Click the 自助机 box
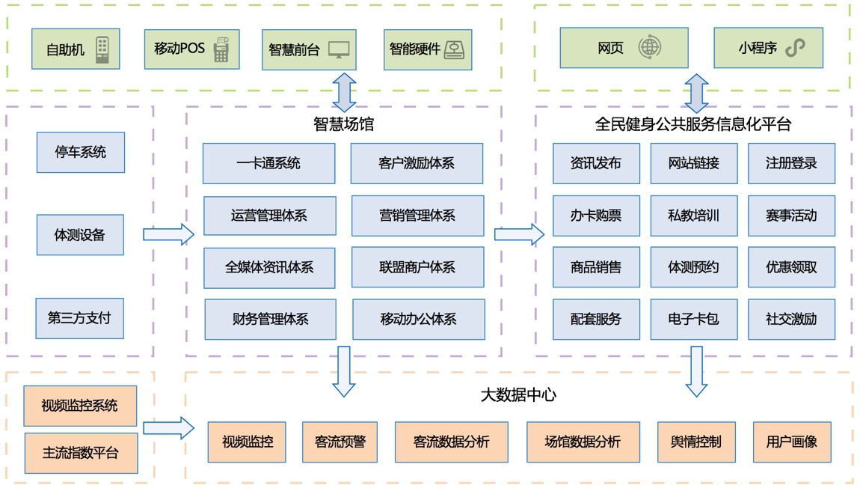click(x=76, y=49)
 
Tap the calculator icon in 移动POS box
click(x=221, y=49)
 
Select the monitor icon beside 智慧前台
click(x=339, y=49)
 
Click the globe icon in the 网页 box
click(x=650, y=47)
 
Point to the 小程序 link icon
click(x=795, y=48)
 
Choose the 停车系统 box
click(x=81, y=152)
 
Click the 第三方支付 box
click(x=79, y=318)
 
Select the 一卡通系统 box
click(x=268, y=164)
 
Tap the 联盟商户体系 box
click(x=417, y=267)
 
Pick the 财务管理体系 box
click(x=271, y=319)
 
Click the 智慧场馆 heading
click(x=344, y=124)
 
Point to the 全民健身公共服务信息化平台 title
click(x=693, y=124)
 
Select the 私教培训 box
click(x=694, y=216)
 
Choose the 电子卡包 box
click(x=694, y=319)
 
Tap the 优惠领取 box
click(x=791, y=267)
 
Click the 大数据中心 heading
click(x=518, y=394)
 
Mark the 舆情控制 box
click(x=696, y=442)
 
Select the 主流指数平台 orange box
click(x=82, y=453)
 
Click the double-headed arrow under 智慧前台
click(x=345, y=93)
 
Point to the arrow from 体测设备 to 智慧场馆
click(x=168, y=234)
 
